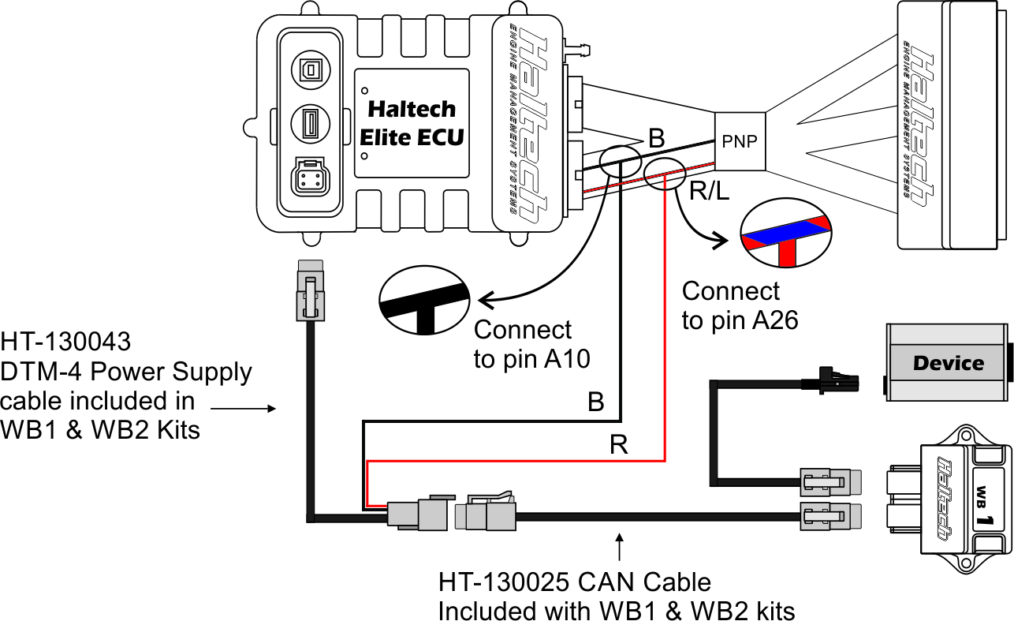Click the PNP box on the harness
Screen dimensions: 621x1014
coord(739,142)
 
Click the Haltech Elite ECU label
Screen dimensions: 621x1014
coord(412,122)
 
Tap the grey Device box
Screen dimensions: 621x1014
coord(947,363)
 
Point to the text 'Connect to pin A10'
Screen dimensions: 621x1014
coord(522,344)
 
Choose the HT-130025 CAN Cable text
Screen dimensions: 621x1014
coord(575,584)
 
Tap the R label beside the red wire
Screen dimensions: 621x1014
coord(619,446)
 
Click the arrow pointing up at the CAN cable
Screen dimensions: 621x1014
coord(620,547)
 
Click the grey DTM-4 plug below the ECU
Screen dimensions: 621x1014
coord(310,291)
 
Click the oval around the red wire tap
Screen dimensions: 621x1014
coord(665,173)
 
